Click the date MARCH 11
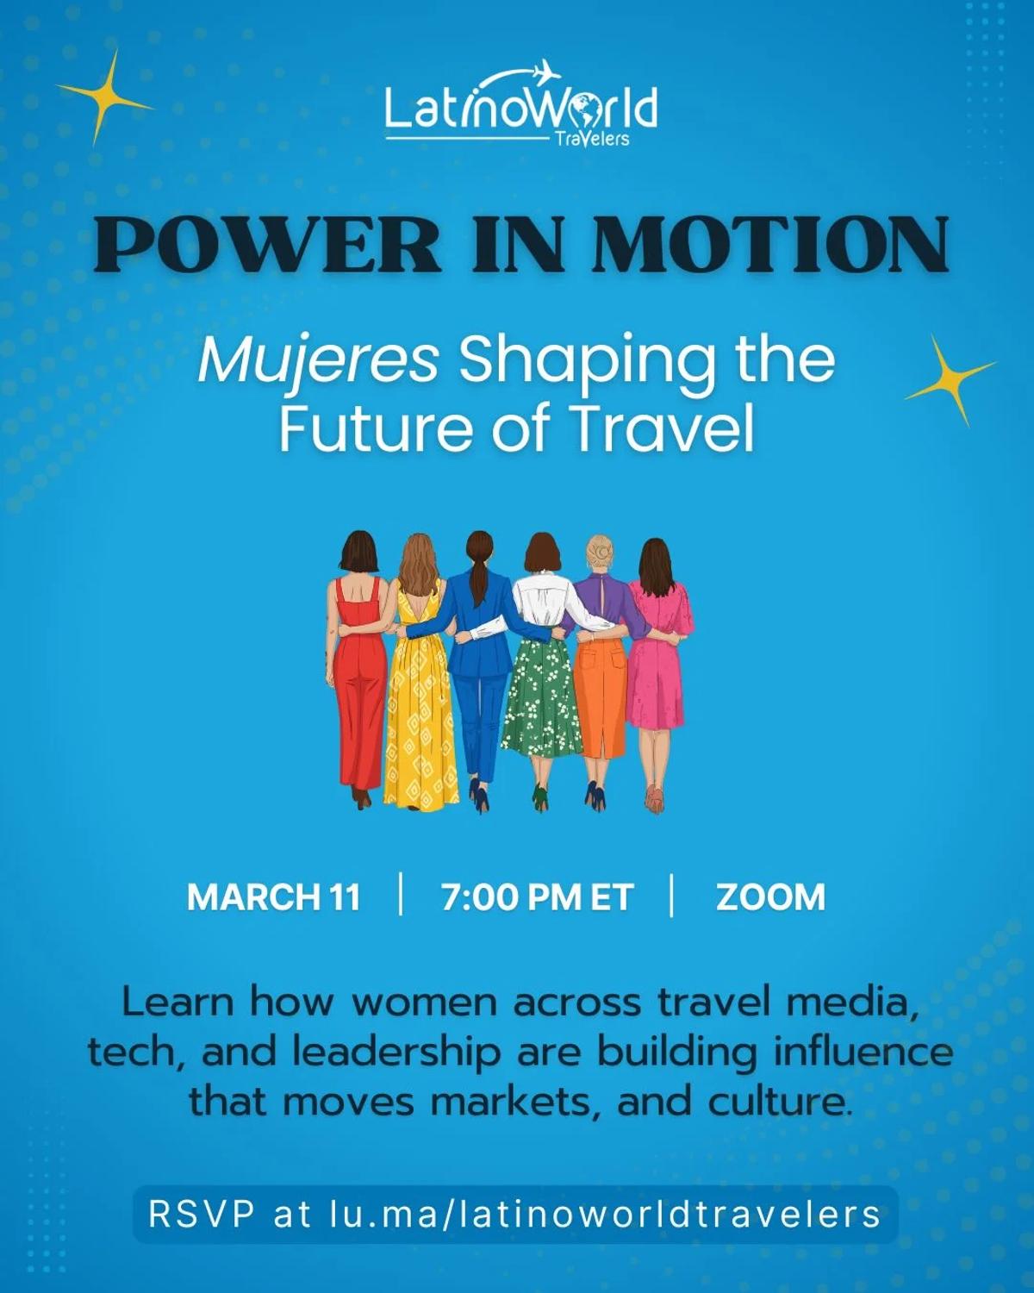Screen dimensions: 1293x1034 (274, 897)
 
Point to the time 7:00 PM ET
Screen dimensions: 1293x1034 (537, 897)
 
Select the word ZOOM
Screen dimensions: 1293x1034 (770, 897)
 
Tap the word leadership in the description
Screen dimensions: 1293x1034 (396, 1053)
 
